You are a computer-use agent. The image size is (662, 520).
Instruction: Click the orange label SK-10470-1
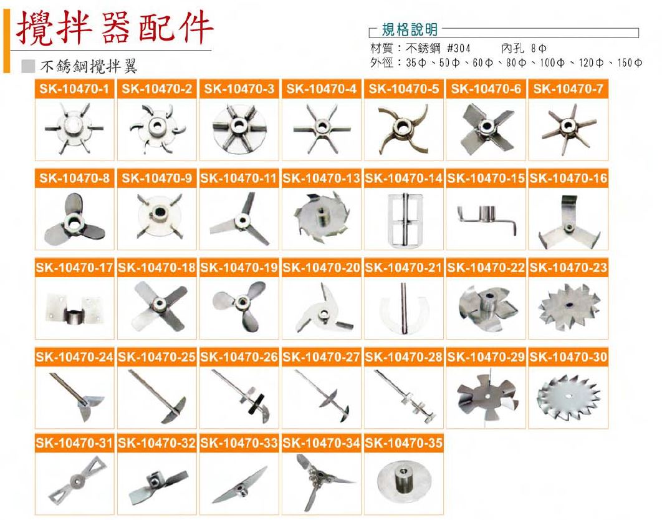[x=74, y=89]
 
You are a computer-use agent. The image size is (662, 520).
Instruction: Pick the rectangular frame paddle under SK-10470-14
[x=405, y=220]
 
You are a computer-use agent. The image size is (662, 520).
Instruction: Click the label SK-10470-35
[x=403, y=443]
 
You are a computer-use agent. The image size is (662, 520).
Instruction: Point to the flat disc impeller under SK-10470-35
[x=404, y=480]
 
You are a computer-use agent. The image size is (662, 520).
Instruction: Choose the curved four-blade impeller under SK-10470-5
[x=403, y=129]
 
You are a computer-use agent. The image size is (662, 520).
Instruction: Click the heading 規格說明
[x=410, y=29]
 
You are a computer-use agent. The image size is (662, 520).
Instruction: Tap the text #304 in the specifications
[x=459, y=48]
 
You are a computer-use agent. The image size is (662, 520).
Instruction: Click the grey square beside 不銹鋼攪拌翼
[x=28, y=66]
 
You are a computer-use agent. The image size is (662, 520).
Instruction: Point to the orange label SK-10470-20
[x=321, y=268]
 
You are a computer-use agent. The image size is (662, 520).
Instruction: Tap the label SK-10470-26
[x=239, y=357]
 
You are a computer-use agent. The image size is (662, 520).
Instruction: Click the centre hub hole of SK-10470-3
[x=239, y=125]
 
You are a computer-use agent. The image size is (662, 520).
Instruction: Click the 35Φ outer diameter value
[x=416, y=63]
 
